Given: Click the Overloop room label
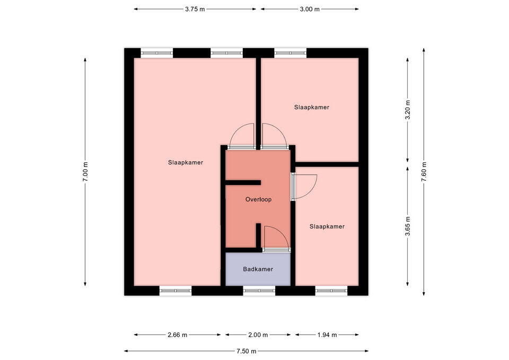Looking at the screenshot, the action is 258,200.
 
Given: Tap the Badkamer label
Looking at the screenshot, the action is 258,269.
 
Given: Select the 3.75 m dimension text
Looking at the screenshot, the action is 195,9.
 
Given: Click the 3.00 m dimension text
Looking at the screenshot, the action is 310,9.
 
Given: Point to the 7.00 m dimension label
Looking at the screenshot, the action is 85,172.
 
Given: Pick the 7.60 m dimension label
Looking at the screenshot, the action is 424,172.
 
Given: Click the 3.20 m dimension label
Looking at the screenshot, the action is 408,110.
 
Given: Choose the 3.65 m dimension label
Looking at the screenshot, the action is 408,226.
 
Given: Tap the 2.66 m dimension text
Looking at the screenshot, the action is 178,335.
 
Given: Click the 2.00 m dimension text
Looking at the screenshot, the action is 258,335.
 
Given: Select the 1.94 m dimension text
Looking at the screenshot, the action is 327,335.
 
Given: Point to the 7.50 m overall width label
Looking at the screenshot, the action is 247,351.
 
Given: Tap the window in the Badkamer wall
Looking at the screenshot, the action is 259,291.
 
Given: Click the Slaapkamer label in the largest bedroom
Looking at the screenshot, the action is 186,163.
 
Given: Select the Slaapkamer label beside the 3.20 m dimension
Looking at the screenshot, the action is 312,107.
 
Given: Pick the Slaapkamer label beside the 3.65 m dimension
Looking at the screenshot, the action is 327,226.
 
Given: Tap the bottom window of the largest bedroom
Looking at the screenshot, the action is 175,291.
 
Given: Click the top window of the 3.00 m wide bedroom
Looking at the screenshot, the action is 290,53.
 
